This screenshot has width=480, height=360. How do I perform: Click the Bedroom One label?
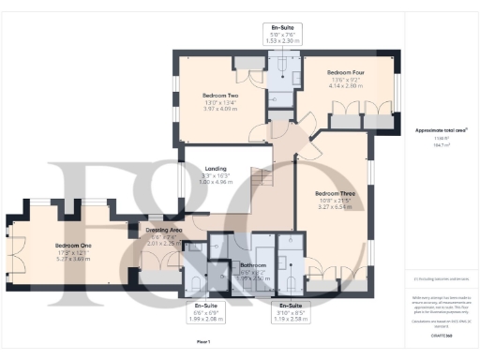click(x=54, y=246)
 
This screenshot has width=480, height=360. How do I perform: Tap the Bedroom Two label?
click(x=220, y=96)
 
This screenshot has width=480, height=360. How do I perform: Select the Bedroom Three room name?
click(x=335, y=194)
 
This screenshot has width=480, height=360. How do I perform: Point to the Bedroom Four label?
click(x=345, y=72)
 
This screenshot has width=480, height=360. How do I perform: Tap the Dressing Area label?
click(x=165, y=229)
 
